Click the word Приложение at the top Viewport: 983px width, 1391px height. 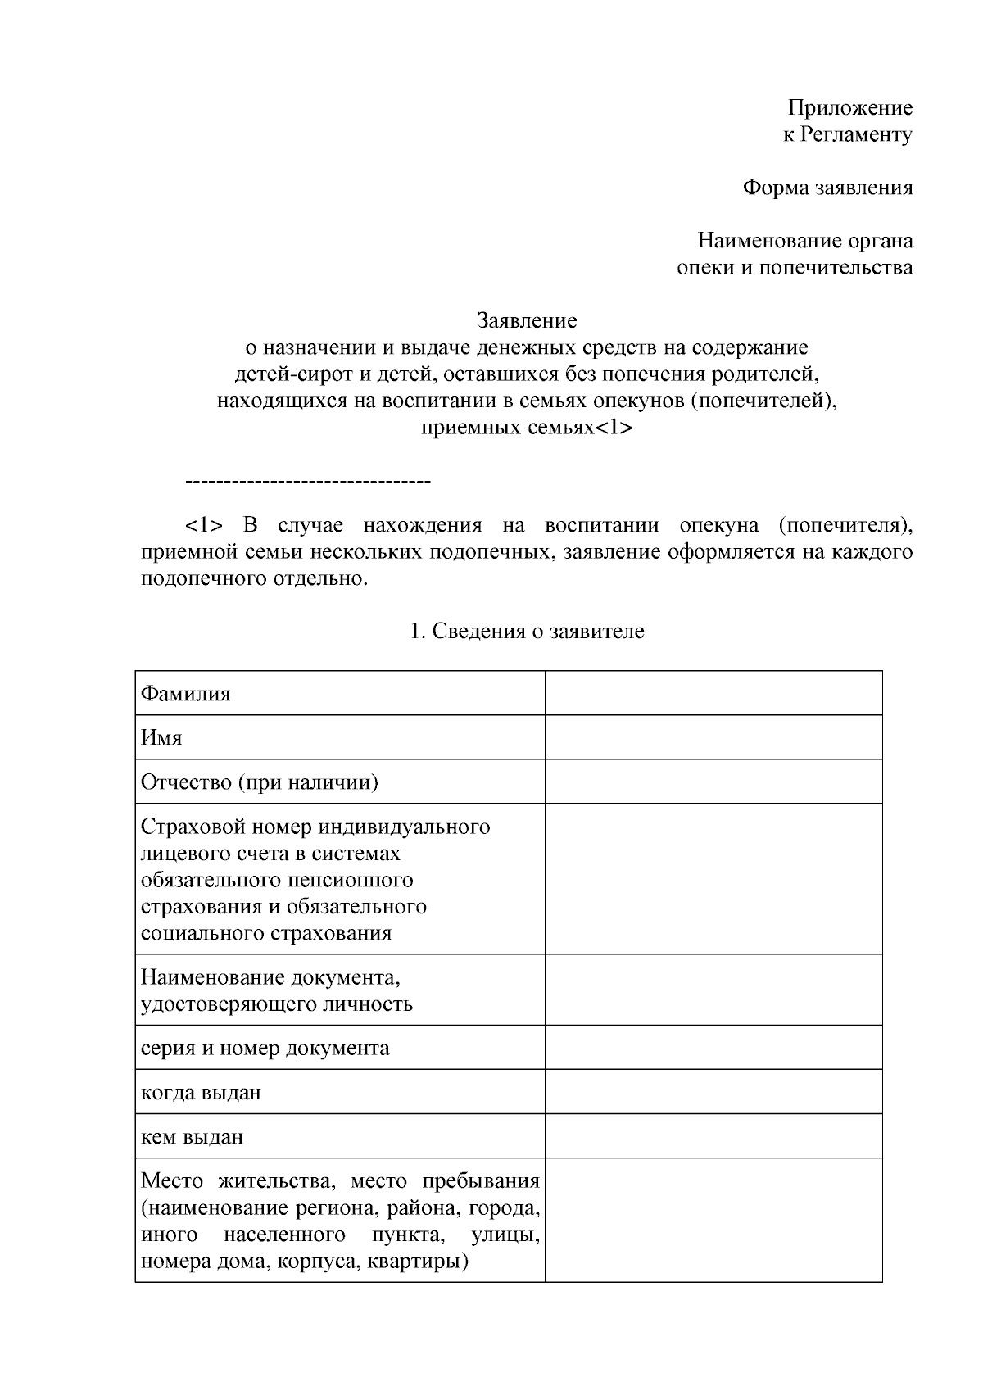click(x=849, y=108)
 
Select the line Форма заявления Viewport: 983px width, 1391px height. click(x=827, y=188)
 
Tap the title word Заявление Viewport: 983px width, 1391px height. click(x=528, y=320)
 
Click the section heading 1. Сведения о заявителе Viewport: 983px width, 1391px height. click(x=527, y=632)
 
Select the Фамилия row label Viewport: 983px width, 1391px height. click(x=186, y=694)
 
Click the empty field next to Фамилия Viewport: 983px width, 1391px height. click(x=713, y=693)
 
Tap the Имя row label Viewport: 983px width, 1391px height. click(x=161, y=738)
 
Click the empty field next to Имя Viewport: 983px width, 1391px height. click(x=713, y=737)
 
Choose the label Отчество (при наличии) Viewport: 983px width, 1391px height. click(x=260, y=782)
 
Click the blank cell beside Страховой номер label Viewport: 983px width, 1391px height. click(x=713, y=879)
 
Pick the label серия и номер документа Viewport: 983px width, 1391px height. click(x=265, y=1049)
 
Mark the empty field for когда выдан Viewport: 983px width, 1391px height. click(x=713, y=1092)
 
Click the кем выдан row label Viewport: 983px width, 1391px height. click(x=192, y=1137)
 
